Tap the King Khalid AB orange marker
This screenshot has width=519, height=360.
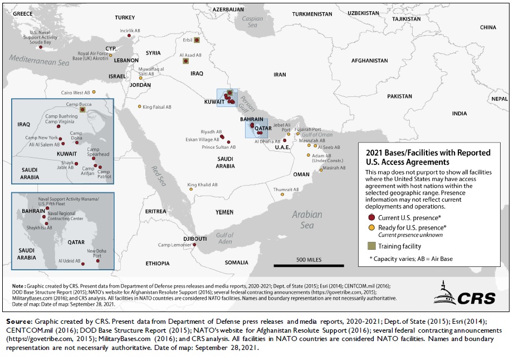190,189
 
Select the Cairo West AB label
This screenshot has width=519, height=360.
75,93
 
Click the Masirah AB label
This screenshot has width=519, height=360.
334,167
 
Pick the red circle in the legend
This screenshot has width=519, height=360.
371,217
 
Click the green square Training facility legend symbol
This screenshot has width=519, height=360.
371,245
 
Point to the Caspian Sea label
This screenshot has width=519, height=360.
252,22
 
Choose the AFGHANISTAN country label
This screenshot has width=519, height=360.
369,60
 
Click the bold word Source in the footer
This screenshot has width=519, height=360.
19,322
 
